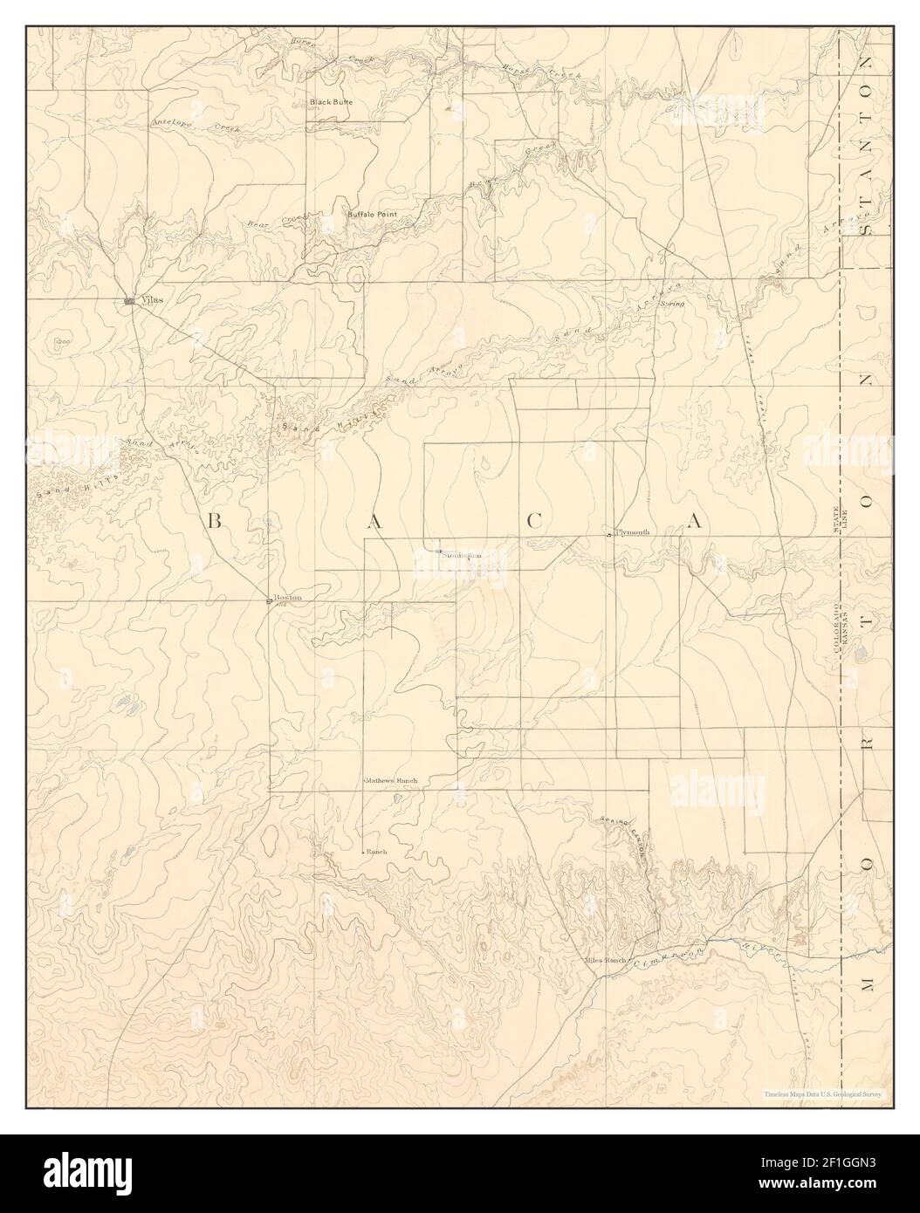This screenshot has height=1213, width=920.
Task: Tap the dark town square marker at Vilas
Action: tap(129, 301)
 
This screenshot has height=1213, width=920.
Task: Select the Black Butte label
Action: tap(332, 102)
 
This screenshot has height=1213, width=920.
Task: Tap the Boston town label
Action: tap(288, 598)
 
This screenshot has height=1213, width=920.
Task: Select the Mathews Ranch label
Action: tap(392, 779)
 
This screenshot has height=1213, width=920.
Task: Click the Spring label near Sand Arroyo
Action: tap(671, 304)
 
